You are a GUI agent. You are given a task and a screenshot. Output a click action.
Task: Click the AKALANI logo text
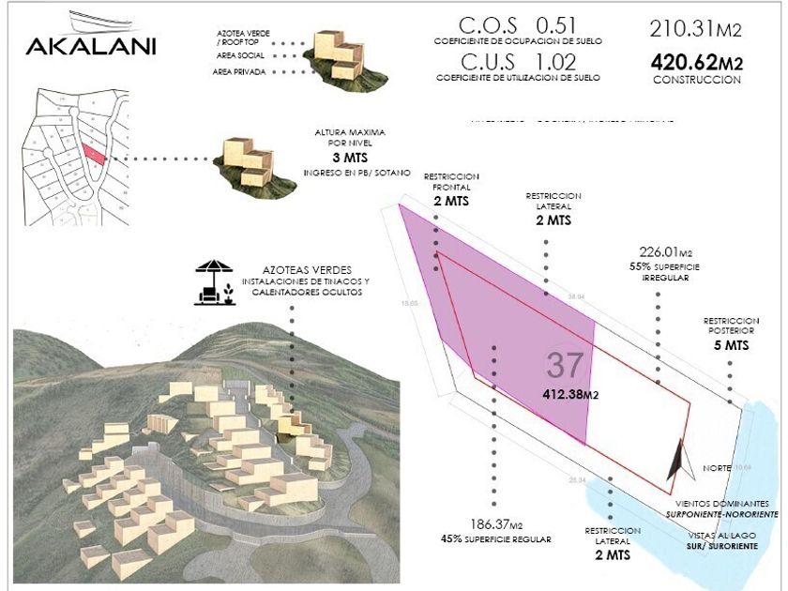pos(91,46)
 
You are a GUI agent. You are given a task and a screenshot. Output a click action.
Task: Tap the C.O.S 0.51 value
pos(517,25)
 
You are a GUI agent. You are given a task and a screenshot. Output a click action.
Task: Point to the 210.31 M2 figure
pos(695,29)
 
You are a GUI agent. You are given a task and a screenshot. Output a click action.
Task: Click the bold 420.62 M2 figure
pos(696,63)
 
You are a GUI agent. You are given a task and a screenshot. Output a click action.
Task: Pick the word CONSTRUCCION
pos(696,81)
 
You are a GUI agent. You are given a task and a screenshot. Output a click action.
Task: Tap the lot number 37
pos(565,364)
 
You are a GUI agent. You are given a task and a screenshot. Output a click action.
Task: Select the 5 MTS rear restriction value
pos(729,346)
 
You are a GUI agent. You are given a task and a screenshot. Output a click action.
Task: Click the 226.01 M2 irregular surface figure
pos(665,252)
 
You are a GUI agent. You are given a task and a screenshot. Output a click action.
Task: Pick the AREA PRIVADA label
pos(239,71)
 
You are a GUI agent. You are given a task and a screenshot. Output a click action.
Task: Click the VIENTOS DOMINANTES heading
pos(728,504)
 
